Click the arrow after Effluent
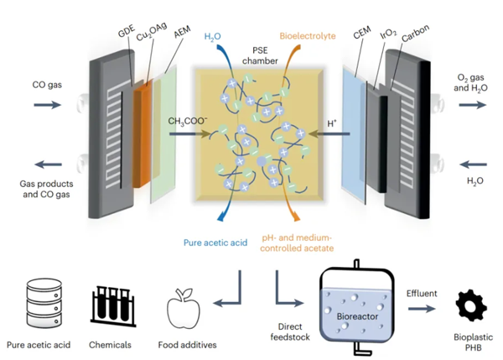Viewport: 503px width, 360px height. click(x=422, y=308)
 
